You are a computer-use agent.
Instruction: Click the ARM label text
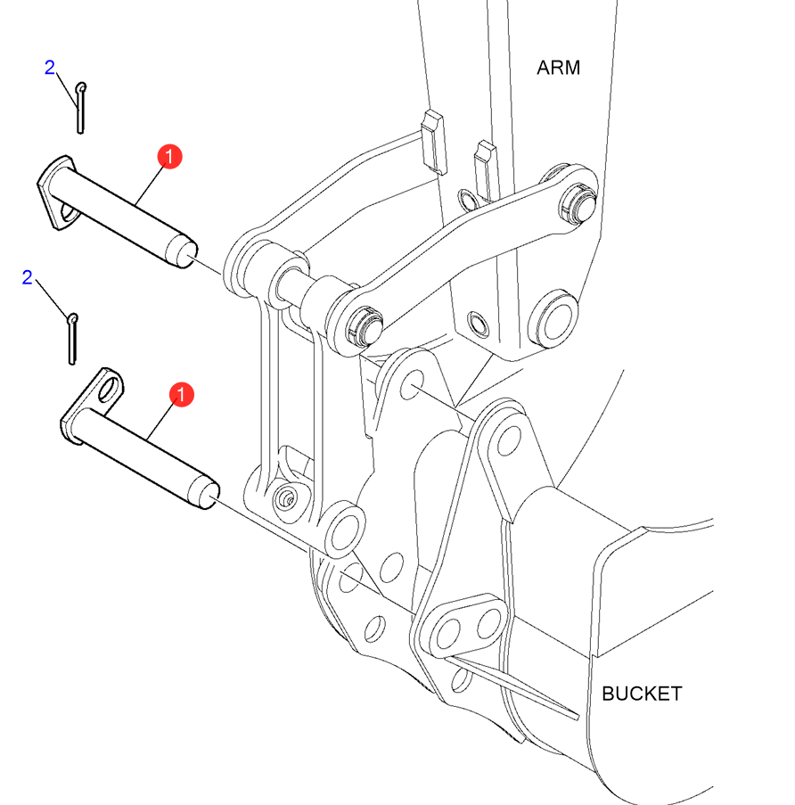558,68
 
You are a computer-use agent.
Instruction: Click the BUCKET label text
642,694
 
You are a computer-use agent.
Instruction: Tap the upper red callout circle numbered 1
169,157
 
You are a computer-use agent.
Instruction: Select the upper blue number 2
50,67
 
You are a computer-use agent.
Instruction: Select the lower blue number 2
28,278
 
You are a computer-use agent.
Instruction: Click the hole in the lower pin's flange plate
109,390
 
